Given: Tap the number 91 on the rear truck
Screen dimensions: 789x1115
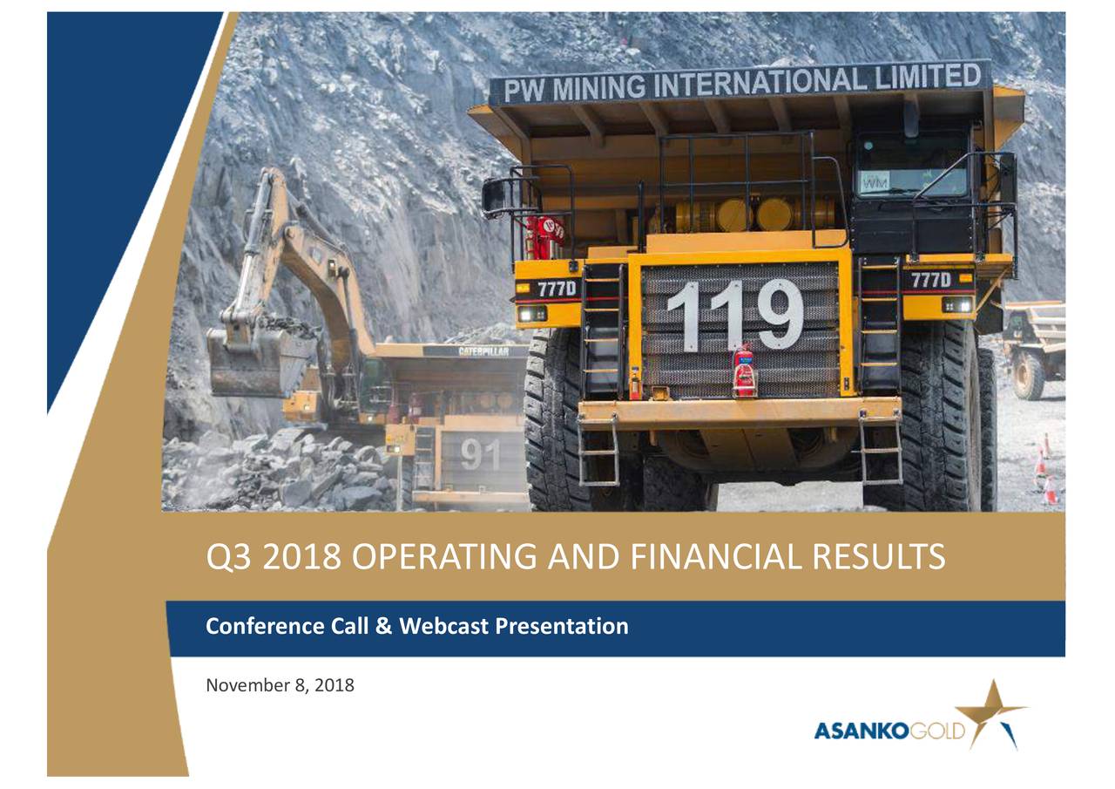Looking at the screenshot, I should (480, 453).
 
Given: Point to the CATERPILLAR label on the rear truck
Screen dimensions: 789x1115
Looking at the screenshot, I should (492, 351).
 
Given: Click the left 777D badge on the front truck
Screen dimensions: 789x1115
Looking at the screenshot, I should (556, 288).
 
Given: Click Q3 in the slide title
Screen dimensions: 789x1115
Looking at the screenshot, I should (228, 556).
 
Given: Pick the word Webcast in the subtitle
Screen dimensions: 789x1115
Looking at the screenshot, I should (442, 626).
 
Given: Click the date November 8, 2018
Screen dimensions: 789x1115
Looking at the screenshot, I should (280, 685).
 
